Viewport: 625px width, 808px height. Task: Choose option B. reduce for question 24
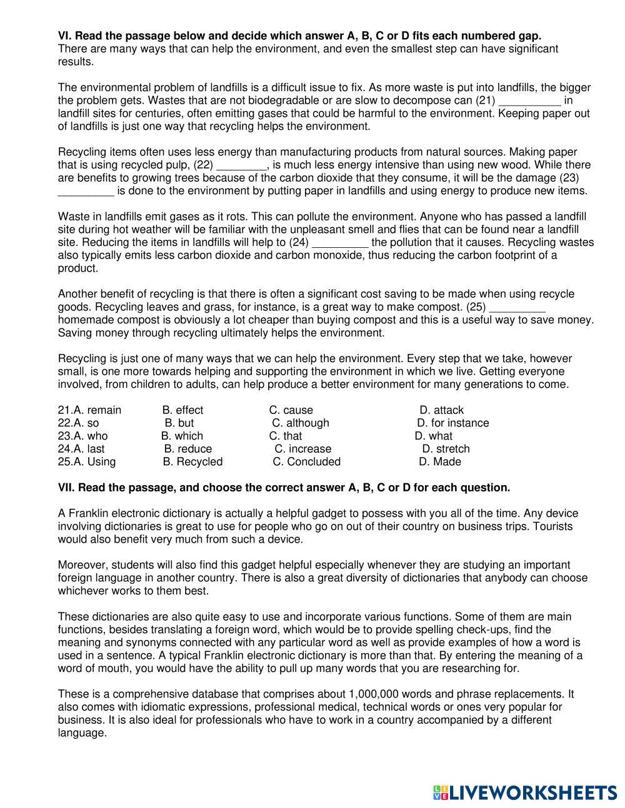coord(188,449)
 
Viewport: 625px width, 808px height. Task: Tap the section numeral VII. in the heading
coord(66,488)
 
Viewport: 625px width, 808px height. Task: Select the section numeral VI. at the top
coord(64,36)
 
